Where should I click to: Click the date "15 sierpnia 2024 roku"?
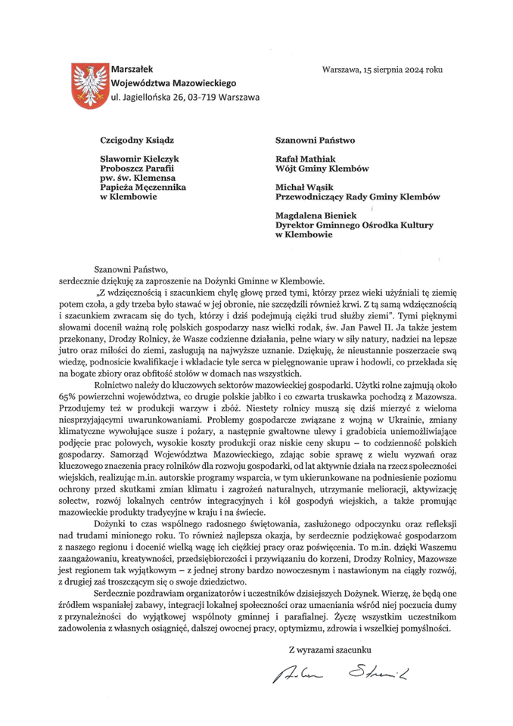[403, 70]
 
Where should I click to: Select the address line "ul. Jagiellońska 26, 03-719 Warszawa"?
[185, 98]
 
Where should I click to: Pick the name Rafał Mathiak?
[306, 160]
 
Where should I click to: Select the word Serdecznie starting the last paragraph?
[119, 594]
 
